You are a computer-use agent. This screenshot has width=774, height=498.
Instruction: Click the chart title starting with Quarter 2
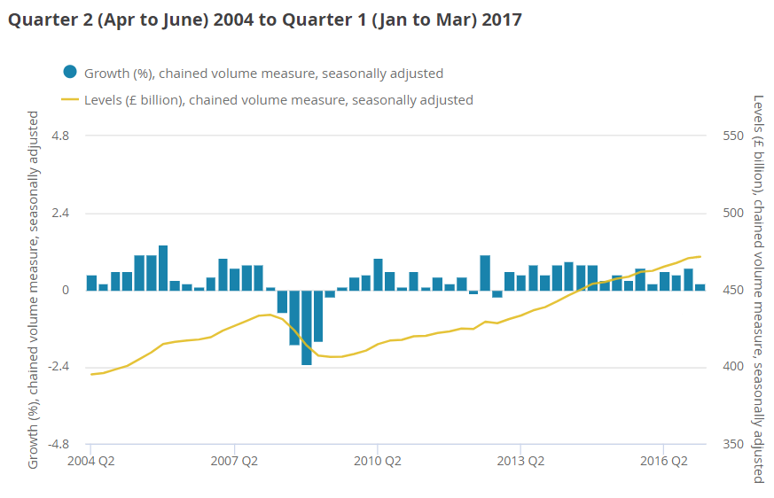tap(264, 19)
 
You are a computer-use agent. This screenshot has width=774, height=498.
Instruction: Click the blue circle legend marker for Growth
tap(70, 73)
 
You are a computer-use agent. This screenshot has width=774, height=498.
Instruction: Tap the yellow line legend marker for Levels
tap(70, 99)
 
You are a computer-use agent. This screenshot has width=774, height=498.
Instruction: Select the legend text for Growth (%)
tap(263, 74)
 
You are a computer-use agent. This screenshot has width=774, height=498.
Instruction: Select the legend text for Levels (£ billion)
tap(278, 100)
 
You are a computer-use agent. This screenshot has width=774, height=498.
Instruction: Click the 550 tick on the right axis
tap(733, 136)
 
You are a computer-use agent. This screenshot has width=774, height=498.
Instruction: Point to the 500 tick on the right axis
tap(733, 213)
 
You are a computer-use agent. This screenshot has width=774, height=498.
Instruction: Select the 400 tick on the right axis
tap(733, 367)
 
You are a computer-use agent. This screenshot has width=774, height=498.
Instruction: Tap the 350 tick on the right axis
tap(733, 444)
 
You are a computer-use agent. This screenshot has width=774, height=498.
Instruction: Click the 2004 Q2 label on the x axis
tap(91, 461)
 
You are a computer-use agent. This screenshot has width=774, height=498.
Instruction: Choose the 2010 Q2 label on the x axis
tap(379, 461)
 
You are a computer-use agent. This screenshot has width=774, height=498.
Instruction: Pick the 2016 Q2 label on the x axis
tap(665, 461)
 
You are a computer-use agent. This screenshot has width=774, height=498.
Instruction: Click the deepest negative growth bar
tap(307, 327)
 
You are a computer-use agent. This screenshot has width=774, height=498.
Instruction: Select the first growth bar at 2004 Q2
tap(91, 283)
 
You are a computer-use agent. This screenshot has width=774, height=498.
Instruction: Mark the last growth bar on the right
tap(700, 287)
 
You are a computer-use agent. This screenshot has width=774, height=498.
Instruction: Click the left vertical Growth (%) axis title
tap(34, 290)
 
